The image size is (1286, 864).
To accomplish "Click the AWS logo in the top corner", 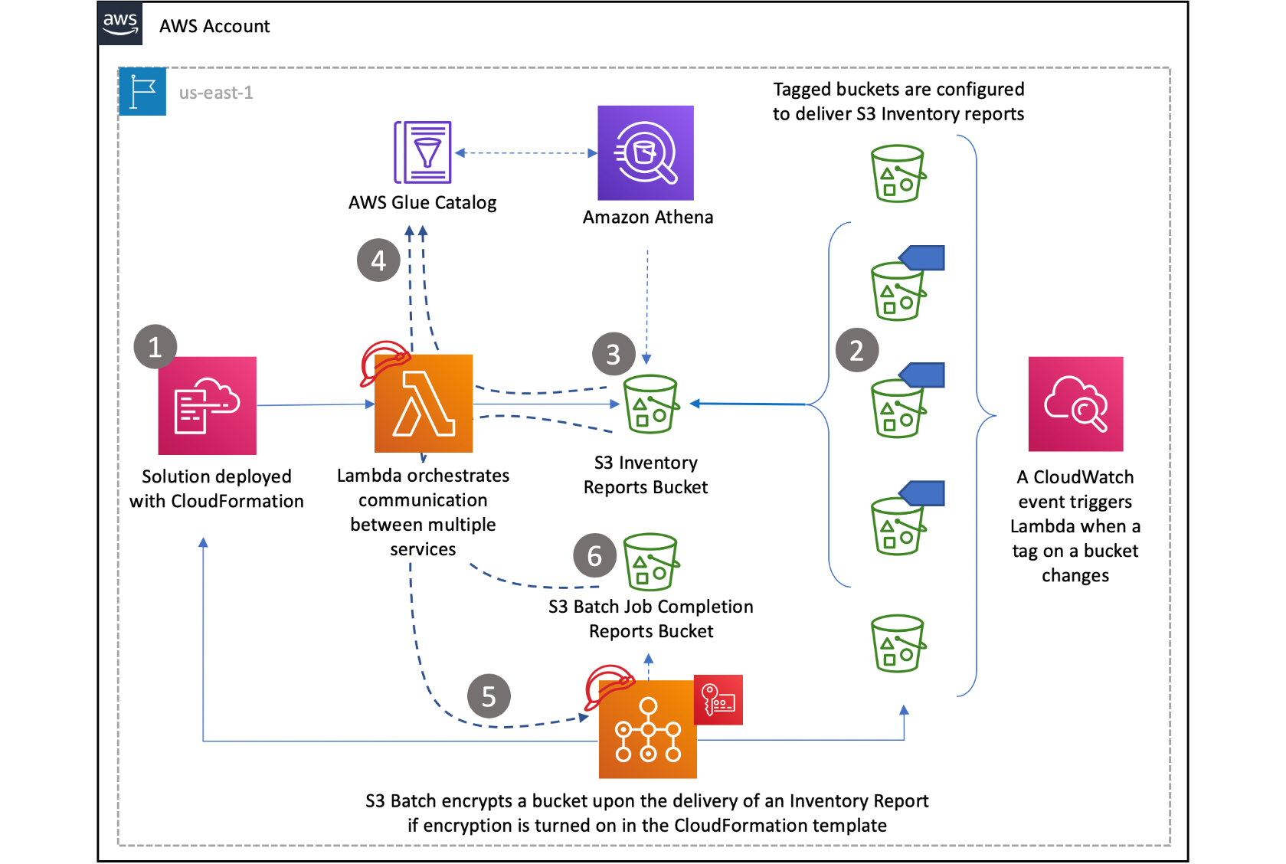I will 120,24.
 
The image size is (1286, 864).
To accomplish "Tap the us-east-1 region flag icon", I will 142,92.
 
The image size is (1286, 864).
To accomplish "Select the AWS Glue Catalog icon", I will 423,152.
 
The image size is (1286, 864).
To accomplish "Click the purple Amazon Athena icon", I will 645,153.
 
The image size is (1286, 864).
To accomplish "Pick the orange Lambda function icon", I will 424,404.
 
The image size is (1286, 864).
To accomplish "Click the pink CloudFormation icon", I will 207,405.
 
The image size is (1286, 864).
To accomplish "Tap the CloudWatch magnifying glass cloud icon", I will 1075,404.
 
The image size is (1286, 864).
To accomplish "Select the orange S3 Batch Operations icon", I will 648,729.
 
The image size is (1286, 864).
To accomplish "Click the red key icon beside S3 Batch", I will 718,699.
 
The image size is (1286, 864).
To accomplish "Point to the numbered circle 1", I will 155,347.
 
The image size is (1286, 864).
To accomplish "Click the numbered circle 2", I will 856,350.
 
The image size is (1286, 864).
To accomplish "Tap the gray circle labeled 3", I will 614,354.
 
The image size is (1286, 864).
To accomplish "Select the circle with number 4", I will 378,260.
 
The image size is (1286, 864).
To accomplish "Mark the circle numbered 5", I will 489,695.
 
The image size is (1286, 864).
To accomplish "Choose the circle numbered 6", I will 594,555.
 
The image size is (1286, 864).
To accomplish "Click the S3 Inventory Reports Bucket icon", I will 651,404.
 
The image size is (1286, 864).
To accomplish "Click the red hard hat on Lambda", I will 383,361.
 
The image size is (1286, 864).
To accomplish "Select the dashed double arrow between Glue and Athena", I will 525,153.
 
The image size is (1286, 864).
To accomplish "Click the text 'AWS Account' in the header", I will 214,26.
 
